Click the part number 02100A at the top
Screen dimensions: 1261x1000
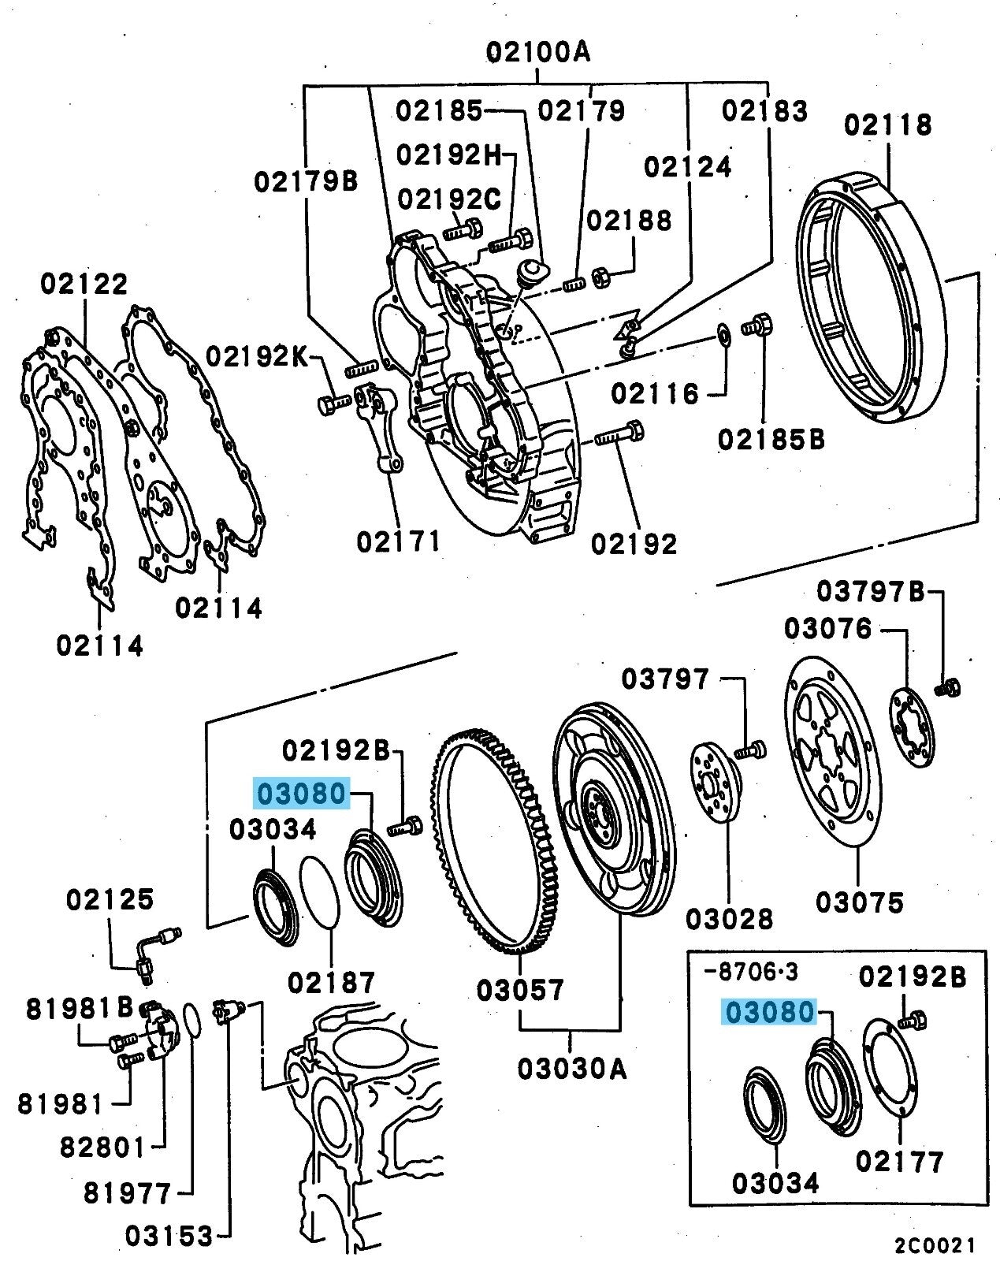pyautogui.click(x=537, y=52)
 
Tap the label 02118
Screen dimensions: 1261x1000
pyautogui.click(x=888, y=125)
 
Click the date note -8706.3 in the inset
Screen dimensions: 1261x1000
pyautogui.click(x=749, y=972)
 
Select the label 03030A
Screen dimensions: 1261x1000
pyautogui.click(x=572, y=1069)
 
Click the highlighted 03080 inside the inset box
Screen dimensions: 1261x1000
pyautogui.click(x=769, y=1012)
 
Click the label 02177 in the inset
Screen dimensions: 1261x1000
pyautogui.click(x=899, y=1162)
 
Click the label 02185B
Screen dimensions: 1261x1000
pyautogui.click(x=771, y=439)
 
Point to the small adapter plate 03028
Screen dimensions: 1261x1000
pyautogui.click(x=716, y=784)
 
